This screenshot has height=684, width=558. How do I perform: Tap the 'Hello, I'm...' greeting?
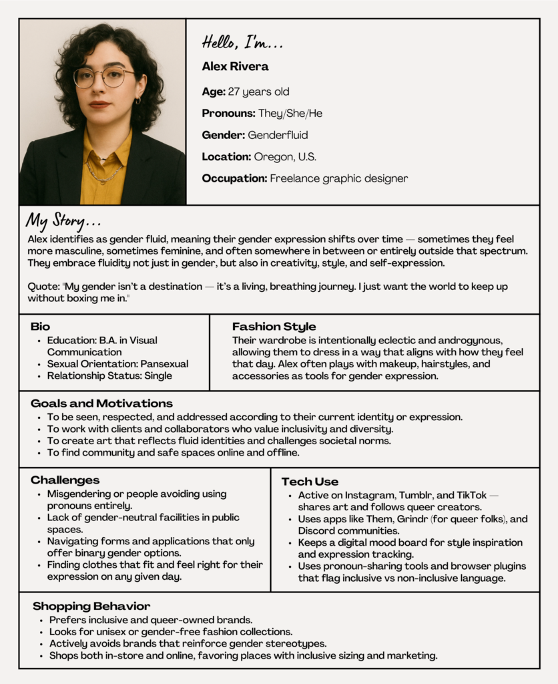point(242,43)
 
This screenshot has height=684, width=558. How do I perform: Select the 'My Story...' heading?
point(63,220)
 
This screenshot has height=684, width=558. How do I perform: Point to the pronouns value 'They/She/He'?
point(290,113)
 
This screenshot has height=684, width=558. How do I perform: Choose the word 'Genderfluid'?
point(278,135)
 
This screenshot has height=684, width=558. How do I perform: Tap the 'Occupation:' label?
point(234,178)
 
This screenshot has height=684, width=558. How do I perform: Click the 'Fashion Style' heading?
point(274,327)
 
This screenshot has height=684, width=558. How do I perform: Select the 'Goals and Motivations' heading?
point(101,403)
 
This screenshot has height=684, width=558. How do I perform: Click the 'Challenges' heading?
point(65,480)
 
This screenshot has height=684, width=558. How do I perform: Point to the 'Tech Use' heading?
point(310,482)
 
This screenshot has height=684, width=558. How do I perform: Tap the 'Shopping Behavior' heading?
point(91,607)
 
